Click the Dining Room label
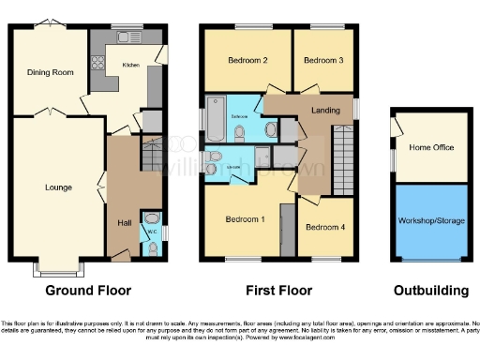tap(51, 72)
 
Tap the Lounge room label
tap(58, 187)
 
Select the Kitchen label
tap(130, 65)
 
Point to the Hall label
tap(123, 222)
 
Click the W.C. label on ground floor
tap(151, 230)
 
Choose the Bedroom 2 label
tap(247, 61)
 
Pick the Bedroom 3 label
tap(322, 61)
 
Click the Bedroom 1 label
tap(245, 219)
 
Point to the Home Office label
tap(430, 147)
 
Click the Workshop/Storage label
tap(430, 222)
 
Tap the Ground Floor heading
tap(88, 291)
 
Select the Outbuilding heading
tap(430, 291)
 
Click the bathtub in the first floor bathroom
tap(217, 121)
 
